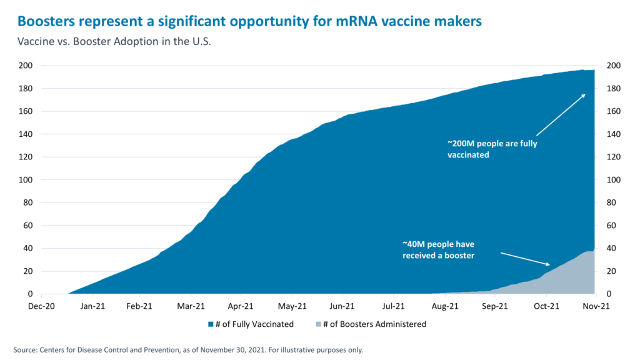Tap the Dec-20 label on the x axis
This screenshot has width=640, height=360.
[42, 306]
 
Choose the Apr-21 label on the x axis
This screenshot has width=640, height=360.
[241, 306]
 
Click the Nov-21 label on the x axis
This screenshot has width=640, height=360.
[597, 306]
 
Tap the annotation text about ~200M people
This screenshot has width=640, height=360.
[492, 149]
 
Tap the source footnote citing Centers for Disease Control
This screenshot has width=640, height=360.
[187, 350]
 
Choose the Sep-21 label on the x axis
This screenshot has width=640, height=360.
[495, 306]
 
